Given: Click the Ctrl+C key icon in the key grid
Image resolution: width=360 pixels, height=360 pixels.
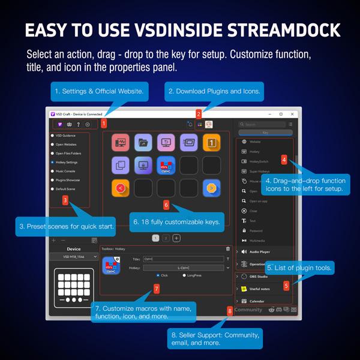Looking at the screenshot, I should pyautogui.click(x=166, y=164).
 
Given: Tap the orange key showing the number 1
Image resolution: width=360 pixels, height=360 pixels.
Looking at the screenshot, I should pyautogui.click(x=211, y=143).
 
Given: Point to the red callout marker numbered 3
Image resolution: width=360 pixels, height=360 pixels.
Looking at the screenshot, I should pyautogui.click(x=65, y=200).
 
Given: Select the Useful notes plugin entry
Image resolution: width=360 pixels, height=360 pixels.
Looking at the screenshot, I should pyautogui.click(x=258, y=289).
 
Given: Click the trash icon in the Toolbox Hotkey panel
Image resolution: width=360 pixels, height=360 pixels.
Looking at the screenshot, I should pyautogui.click(x=228, y=248).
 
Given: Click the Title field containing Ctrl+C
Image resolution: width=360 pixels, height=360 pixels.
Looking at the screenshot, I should pyautogui.click(x=180, y=259).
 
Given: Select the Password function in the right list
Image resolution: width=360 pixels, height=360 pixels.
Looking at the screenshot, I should pyautogui.click(x=255, y=230).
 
